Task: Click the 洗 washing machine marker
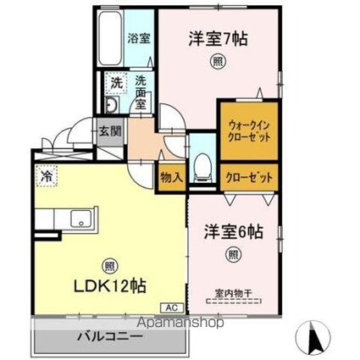click(114, 83)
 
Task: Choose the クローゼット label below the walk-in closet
click(248, 178)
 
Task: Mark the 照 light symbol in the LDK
click(110, 264)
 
